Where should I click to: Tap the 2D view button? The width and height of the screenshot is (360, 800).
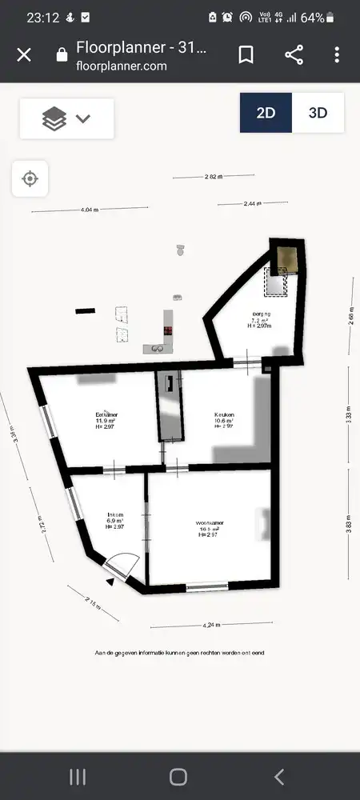tap(266, 113)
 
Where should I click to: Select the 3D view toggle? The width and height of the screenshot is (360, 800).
tap(318, 113)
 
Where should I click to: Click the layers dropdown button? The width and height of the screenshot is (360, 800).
tap(66, 118)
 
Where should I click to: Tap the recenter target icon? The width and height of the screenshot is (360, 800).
tap(30, 178)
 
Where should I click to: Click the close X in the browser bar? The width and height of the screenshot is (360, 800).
tap(24, 54)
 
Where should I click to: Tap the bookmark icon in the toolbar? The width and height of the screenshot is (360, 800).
tap(246, 54)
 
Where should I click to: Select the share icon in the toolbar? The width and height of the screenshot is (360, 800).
tap(294, 54)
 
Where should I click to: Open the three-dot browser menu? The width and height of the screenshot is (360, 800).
tap(337, 54)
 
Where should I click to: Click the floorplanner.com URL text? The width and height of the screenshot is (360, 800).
tap(121, 66)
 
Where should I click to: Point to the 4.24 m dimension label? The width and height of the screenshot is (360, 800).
tap(212, 625)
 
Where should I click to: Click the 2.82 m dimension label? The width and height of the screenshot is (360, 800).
tap(213, 175)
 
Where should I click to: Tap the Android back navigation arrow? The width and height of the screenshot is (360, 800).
tap(279, 776)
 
